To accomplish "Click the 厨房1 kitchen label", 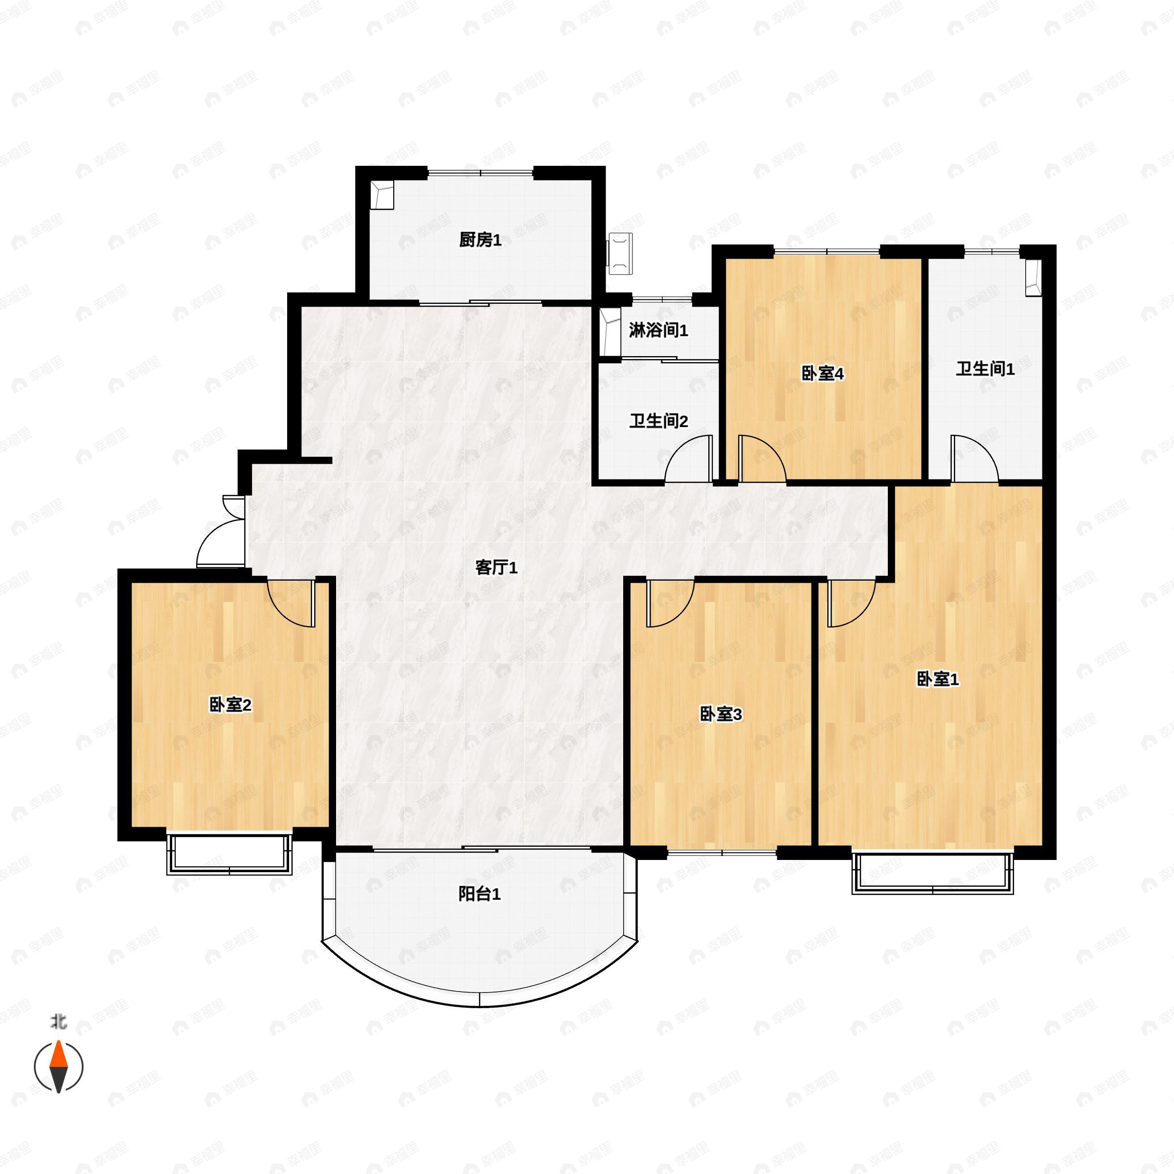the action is click(x=480, y=240).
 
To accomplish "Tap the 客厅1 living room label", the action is click(x=496, y=567).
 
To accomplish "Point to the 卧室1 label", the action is click(x=938, y=679).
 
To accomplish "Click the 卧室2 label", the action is click(x=230, y=705).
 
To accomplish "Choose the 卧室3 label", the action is click(x=721, y=715).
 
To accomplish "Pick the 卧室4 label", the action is click(x=823, y=374).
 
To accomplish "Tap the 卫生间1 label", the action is click(x=985, y=369).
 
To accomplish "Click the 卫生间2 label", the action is click(x=658, y=421).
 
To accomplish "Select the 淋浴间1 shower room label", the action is click(x=658, y=331).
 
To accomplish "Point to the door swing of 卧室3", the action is click(x=670, y=604).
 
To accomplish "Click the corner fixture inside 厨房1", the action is click(x=383, y=195).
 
